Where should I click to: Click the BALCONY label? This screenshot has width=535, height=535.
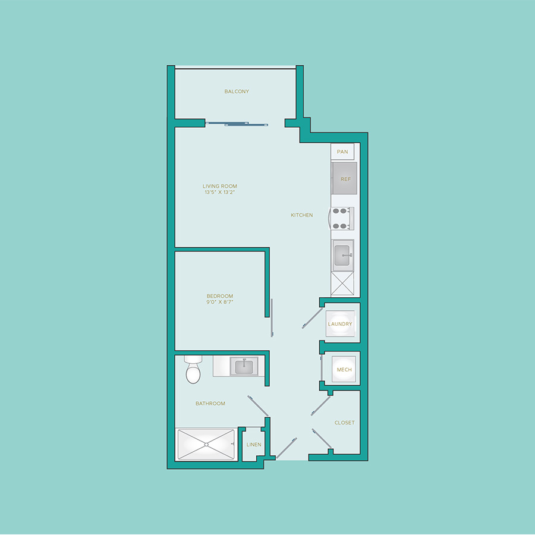point(237,92)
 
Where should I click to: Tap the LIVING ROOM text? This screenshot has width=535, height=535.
point(220,186)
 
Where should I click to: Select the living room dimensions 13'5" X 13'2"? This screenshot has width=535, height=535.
point(220,192)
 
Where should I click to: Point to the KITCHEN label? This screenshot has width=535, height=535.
point(301,215)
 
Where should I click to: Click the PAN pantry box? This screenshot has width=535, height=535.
point(342,152)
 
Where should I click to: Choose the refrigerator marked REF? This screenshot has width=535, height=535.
point(344,178)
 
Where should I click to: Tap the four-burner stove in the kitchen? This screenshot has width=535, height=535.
point(342,218)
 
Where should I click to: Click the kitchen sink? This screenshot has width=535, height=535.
point(343,255)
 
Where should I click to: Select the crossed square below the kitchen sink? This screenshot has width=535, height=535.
point(342,283)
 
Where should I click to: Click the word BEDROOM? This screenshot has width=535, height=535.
point(220,296)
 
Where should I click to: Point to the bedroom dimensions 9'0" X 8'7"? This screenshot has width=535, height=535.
point(220,302)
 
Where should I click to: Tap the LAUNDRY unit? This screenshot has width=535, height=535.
point(340,324)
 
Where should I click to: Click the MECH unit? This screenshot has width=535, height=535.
point(344,370)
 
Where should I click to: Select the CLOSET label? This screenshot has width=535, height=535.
point(345,423)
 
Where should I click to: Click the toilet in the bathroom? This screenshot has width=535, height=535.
point(193,370)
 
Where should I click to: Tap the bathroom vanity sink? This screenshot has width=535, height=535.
point(244,367)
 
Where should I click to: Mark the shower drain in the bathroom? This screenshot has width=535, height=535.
point(206,445)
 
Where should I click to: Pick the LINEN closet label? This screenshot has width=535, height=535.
point(254,445)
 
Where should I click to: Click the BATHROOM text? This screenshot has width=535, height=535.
point(210,403)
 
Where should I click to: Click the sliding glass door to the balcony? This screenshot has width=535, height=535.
point(237,124)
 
